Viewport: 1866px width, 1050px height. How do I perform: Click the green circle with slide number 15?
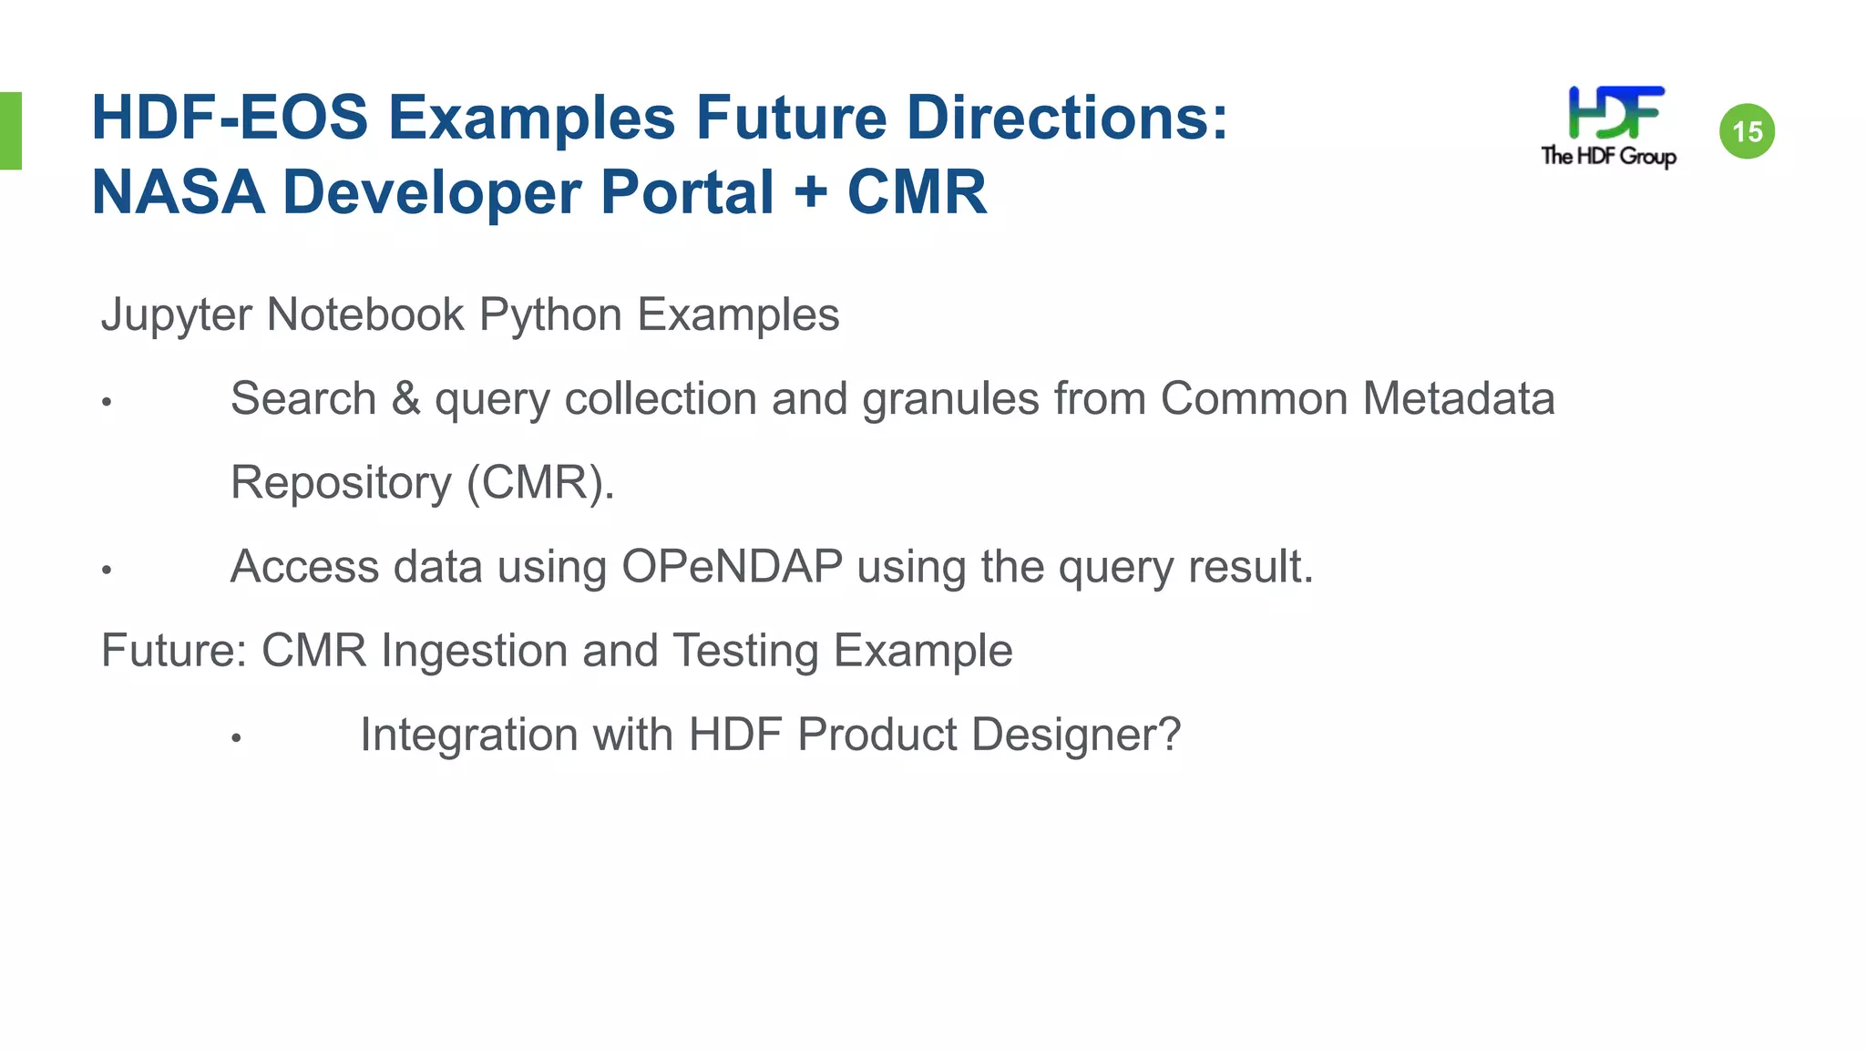(1747, 131)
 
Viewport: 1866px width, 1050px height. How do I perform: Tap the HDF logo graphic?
(1615, 113)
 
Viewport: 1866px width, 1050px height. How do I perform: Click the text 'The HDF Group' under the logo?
(1608, 156)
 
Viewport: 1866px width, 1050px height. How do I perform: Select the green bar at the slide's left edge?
(10, 130)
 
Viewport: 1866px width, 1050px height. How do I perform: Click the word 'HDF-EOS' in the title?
(230, 118)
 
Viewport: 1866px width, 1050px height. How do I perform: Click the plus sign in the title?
(810, 193)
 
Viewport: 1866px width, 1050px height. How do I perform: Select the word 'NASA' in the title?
(179, 193)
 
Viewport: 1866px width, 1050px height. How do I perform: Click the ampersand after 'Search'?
(405, 399)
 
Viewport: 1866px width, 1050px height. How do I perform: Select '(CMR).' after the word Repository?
(540, 483)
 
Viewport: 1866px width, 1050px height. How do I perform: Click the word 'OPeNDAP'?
(732, 567)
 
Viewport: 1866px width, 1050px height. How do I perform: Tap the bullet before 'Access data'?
(107, 571)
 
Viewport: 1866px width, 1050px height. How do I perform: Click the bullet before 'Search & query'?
(107, 402)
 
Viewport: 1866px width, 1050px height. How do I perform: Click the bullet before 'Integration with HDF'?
(236, 738)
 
